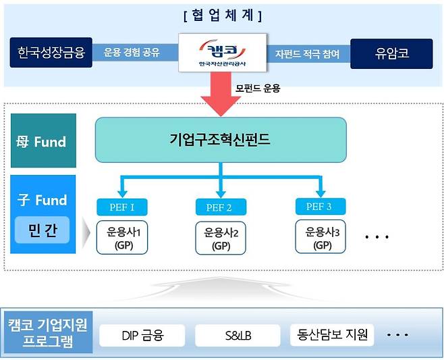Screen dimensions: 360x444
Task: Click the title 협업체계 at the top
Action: [222, 14]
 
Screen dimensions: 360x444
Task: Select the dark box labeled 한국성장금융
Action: [51, 53]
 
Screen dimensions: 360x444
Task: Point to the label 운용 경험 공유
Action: [132, 53]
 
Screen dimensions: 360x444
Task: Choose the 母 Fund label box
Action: [43, 142]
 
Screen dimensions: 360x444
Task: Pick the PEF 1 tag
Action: [122, 207]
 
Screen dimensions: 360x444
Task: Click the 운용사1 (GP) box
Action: [122, 237]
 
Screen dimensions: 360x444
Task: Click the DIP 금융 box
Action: [142, 334]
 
